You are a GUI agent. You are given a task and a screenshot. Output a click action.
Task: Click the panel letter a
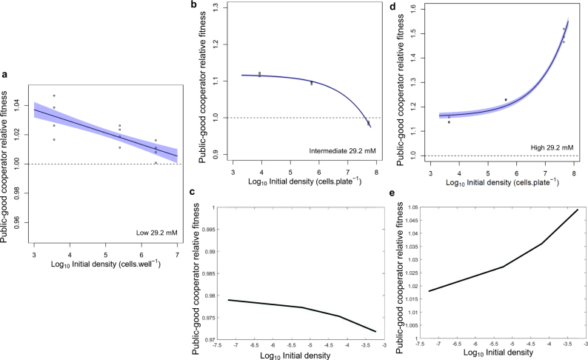click(x=5, y=74)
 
